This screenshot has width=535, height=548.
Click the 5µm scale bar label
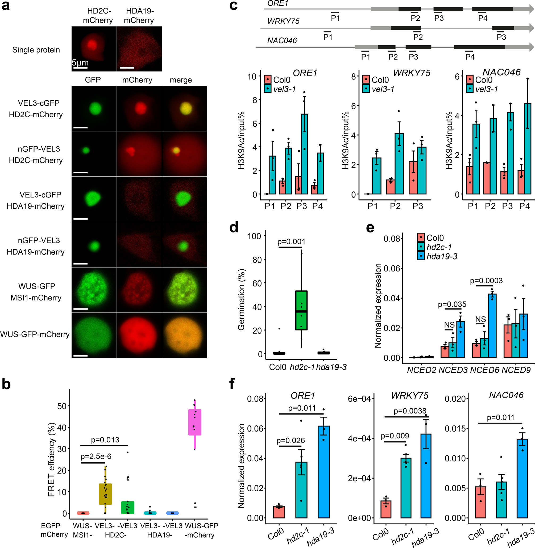tap(80, 63)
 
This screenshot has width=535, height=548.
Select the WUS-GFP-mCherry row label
tap(35, 334)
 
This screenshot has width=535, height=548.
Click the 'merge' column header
tap(181, 80)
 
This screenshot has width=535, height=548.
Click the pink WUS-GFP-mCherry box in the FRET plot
tap(195, 422)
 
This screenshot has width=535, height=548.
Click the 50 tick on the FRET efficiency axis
tap(62, 406)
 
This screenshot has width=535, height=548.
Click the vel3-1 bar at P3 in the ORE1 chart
tap(304, 154)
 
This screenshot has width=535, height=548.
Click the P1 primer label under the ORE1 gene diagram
tap(335, 18)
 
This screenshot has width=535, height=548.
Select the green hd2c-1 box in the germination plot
tap(301, 310)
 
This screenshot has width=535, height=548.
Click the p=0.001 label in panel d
tap(291, 241)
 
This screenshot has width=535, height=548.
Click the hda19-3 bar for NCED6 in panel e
tap(492, 326)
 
